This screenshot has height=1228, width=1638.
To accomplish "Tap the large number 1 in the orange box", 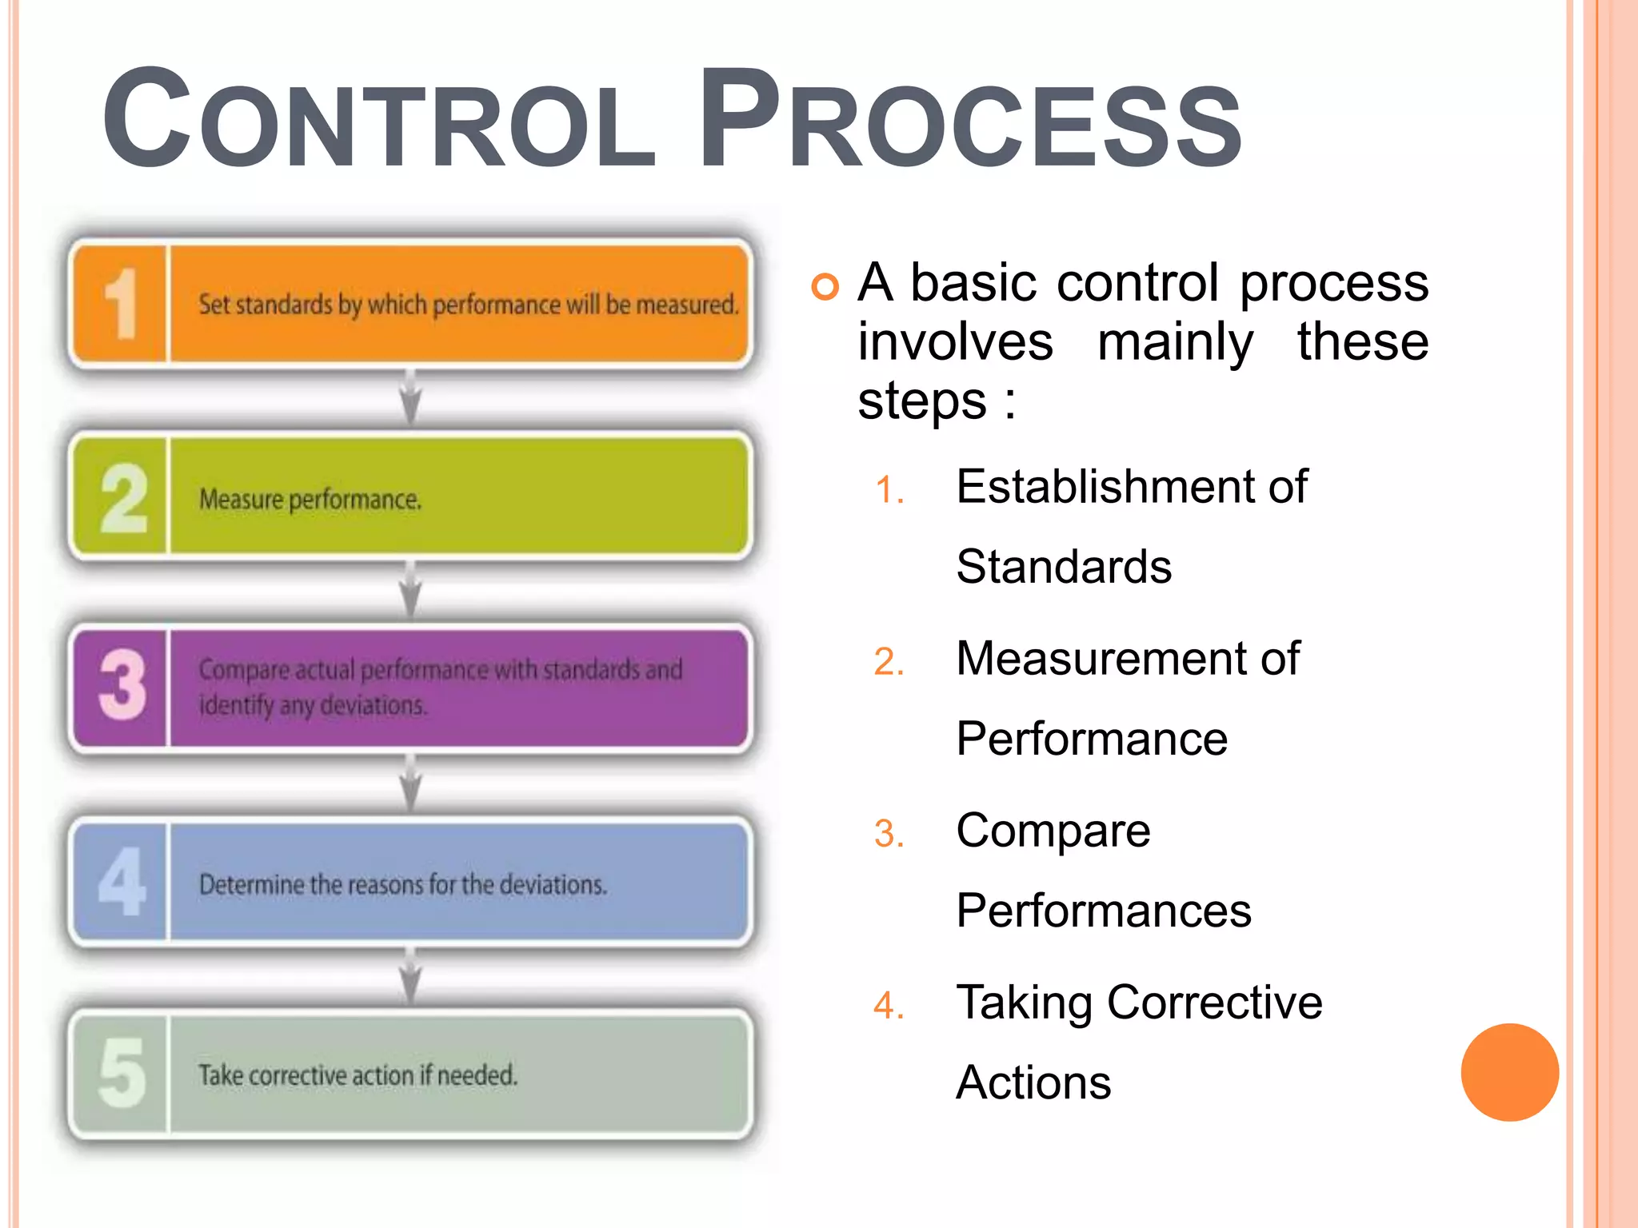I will tap(122, 304).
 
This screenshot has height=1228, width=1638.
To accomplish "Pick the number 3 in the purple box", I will tap(122, 686).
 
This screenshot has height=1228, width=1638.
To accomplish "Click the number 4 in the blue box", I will tap(122, 881).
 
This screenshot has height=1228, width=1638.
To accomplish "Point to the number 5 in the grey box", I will tap(122, 1073).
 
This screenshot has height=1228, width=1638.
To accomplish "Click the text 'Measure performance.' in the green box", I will tap(310, 500).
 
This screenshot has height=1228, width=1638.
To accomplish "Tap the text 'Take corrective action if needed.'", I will tap(358, 1075).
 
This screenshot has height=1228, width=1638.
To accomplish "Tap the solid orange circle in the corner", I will tap(1509, 1072).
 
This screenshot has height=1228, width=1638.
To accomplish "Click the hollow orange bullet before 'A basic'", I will tap(825, 286).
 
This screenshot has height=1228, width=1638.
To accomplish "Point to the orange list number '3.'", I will tap(889, 834).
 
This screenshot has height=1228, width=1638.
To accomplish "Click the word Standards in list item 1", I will tap(1064, 567).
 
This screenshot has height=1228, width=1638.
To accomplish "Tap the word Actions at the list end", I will tap(1033, 1082).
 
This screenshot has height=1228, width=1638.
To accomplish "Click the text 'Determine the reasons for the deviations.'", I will tap(403, 884).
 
